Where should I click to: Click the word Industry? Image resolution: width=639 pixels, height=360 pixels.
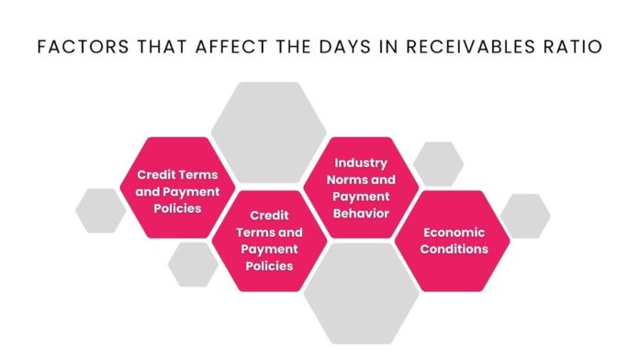[361, 163]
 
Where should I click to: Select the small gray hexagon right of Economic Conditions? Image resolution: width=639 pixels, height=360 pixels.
[525, 215]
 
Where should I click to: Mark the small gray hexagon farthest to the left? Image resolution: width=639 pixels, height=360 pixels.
[100, 209]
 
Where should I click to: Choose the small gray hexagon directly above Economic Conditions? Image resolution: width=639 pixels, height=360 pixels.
[438, 163]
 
